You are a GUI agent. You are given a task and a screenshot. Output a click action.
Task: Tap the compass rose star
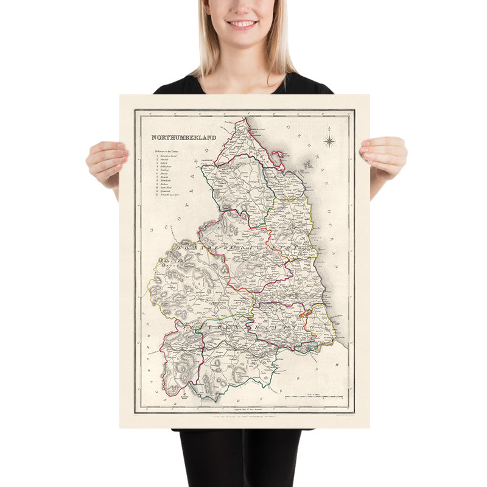[329, 142]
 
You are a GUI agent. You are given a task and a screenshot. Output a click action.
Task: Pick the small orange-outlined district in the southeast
[308, 316]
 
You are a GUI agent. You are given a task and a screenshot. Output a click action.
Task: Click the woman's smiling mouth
[242, 24]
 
